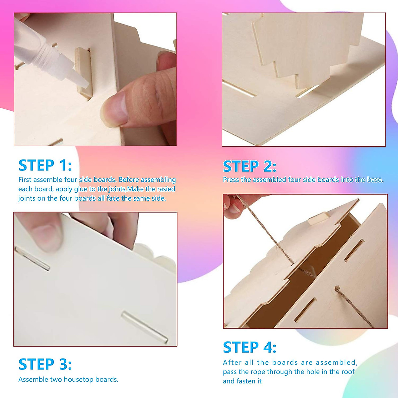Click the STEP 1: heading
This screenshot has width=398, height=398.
pos(45,165)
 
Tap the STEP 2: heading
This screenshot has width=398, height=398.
pos(249,166)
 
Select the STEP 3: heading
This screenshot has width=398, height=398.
pos(45,364)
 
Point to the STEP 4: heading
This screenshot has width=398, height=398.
pos(249,347)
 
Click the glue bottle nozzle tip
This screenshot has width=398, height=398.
pos(84,85)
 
